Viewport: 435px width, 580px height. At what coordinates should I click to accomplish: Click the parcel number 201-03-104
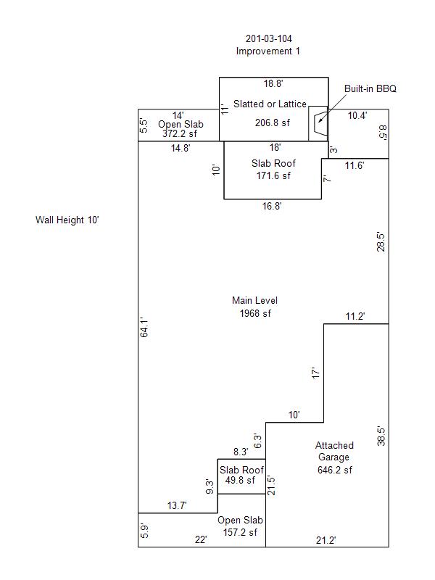point(269,38)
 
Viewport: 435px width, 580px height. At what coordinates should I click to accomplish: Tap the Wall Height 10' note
point(67,220)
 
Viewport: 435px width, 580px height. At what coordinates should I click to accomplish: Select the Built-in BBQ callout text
point(370,88)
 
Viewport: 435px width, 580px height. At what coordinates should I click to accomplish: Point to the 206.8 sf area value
point(273,123)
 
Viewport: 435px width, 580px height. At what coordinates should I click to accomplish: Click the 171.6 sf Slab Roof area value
point(273,175)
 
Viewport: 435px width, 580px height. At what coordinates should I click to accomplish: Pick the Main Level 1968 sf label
point(255,307)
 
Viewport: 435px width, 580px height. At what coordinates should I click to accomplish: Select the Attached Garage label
point(334,451)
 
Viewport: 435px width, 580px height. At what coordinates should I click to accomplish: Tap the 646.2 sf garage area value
point(335,470)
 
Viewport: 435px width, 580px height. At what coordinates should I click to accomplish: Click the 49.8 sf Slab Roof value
point(240,480)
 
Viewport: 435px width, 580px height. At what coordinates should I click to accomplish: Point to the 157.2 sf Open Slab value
point(240,532)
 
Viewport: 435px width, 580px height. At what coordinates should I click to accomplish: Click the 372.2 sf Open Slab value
point(180,133)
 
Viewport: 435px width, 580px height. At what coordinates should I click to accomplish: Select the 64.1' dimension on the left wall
point(144,328)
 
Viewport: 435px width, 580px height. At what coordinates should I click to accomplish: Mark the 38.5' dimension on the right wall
point(381,436)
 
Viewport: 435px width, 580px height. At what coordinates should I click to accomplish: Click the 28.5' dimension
point(381,242)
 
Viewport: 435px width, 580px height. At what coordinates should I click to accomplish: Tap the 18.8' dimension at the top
point(273,83)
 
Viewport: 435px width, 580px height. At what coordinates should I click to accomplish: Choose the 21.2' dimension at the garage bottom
point(326,540)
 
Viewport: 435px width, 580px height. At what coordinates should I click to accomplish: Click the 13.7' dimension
point(177,505)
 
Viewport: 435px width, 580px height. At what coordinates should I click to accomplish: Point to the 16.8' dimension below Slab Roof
point(272,206)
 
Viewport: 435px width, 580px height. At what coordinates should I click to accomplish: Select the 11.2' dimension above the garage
point(355,317)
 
